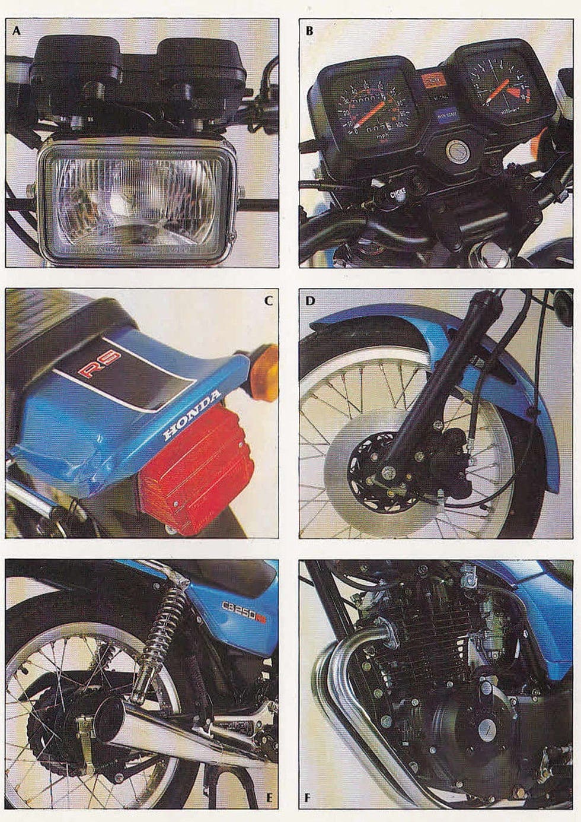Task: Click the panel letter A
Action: pyautogui.click(x=17, y=30)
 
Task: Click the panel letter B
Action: pyautogui.click(x=309, y=30)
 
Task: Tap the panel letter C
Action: pyautogui.click(x=268, y=300)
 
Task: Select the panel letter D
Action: pyautogui.click(x=309, y=300)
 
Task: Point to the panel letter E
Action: pyautogui.click(x=268, y=797)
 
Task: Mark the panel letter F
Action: pyautogui.click(x=308, y=797)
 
